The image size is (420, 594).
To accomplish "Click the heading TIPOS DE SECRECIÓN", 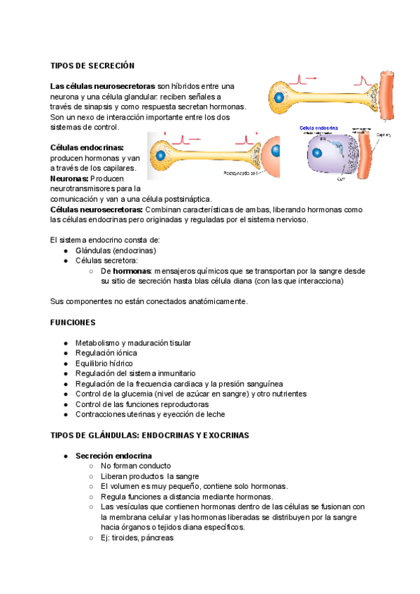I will click(92, 65).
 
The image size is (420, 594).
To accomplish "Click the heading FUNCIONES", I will click(73, 323).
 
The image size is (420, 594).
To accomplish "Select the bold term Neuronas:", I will click(69, 178).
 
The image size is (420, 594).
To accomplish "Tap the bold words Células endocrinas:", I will click(87, 148).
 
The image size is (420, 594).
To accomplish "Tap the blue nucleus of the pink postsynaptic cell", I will click(276, 150).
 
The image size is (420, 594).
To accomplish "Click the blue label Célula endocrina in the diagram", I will click(318, 129).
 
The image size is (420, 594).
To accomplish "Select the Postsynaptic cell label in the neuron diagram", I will click(240, 172).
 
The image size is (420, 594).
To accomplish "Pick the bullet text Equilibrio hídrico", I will click(104, 364).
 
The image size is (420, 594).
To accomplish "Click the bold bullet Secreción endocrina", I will click(113, 455).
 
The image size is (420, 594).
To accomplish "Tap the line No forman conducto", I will click(136, 466).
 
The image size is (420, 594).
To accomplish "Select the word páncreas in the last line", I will click(158, 538).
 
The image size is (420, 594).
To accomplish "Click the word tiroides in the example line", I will click(127, 538).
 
